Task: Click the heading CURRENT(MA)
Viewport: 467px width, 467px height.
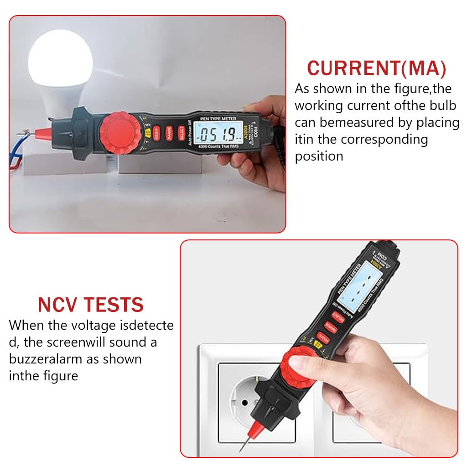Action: (x=376, y=68)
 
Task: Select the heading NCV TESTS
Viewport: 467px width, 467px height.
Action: (x=91, y=304)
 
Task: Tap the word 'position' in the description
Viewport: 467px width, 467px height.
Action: (x=319, y=156)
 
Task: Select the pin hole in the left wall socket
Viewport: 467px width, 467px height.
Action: (x=244, y=402)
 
